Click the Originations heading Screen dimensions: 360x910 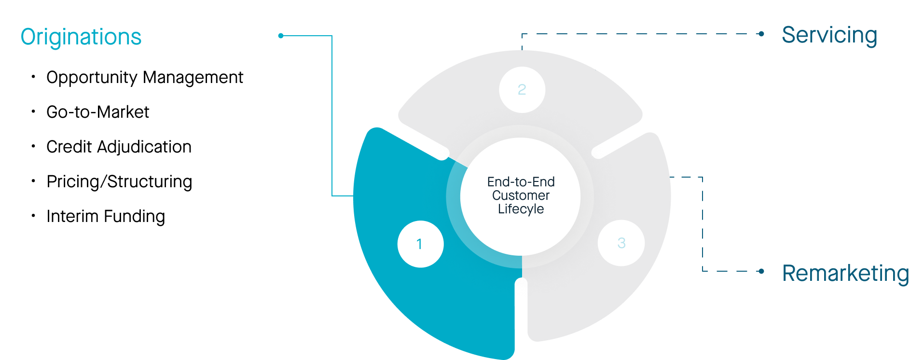point(81,37)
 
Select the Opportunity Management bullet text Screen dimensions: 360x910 point(144,77)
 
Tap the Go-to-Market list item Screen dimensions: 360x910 point(97,112)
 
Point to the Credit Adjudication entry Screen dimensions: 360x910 point(119,147)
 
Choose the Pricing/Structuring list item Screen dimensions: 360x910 point(119,181)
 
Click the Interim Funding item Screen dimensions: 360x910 point(106,216)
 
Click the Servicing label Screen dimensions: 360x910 point(829,35)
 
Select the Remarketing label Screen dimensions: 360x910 point(845,273)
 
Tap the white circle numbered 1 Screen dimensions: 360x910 point(420,244)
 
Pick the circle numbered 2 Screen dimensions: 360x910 point(522,90)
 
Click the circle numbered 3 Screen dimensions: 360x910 point(621,243)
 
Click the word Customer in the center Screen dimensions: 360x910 point(521,195)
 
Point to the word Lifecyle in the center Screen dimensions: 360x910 point(521,209)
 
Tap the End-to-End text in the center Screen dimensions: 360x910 point(521,182)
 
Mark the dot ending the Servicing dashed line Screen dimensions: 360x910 point(761,34)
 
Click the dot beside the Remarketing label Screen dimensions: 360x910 point(761,271)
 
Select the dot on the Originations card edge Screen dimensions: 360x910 point(281,36)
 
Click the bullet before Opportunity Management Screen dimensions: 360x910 point(33,77)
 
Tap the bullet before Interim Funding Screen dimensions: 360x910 point(33,216)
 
